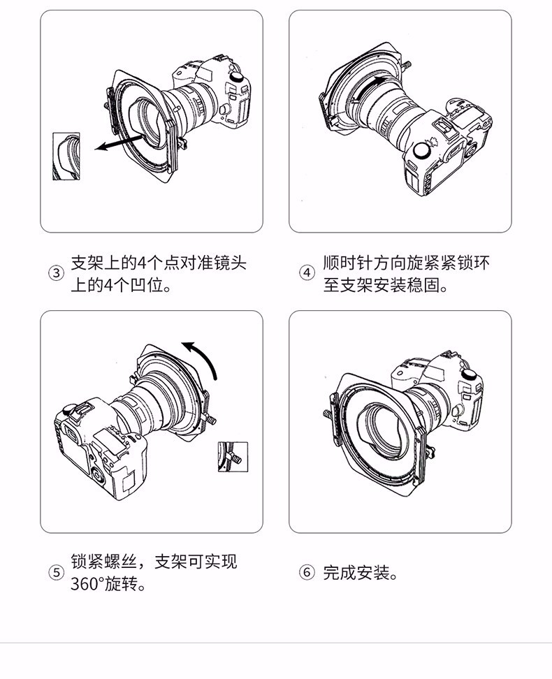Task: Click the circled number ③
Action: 56,273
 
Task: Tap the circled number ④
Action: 307,273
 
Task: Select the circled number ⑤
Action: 56,573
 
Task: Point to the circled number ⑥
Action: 307,573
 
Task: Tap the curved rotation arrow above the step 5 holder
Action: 202,356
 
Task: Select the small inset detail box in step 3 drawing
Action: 66,156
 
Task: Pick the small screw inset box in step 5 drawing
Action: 233,456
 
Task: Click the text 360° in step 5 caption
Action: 87,584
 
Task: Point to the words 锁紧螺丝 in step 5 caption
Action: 104,561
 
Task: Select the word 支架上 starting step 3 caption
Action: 96,263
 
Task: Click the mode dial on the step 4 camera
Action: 421,150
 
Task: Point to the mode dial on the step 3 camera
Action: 237,77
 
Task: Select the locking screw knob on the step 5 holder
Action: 212,419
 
